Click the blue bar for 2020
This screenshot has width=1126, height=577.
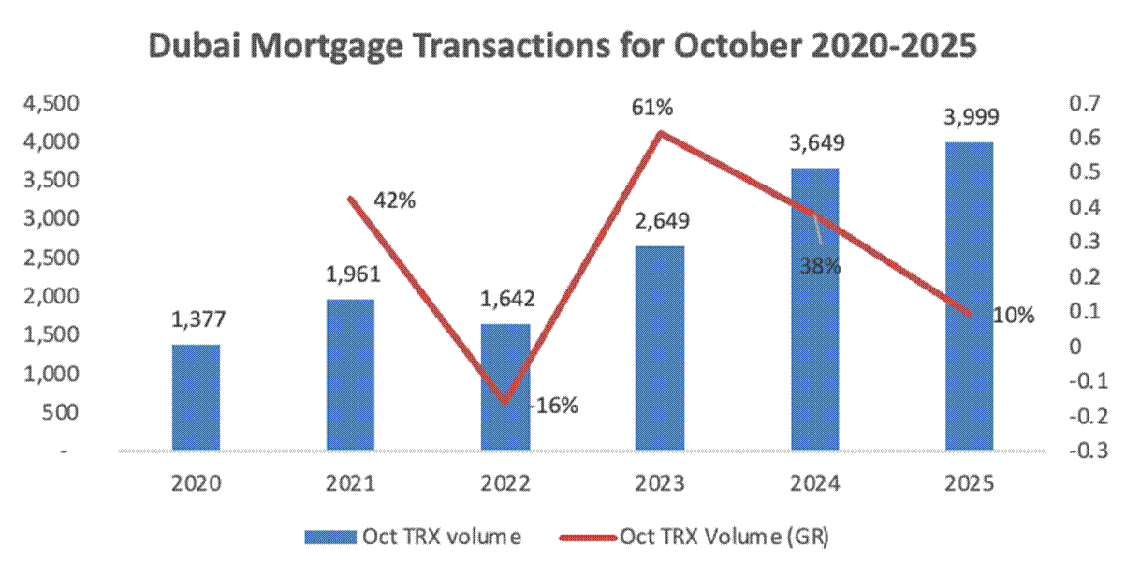coord(196,398)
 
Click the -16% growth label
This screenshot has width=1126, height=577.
coord(553,407)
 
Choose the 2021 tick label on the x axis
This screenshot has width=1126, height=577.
coord(351,484)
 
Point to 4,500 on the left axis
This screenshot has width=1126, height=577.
coord(54,103)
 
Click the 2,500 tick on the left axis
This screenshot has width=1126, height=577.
coord(54,258)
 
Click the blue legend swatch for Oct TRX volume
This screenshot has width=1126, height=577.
coord(329,538)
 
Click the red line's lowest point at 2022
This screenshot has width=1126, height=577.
coord(505,404)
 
